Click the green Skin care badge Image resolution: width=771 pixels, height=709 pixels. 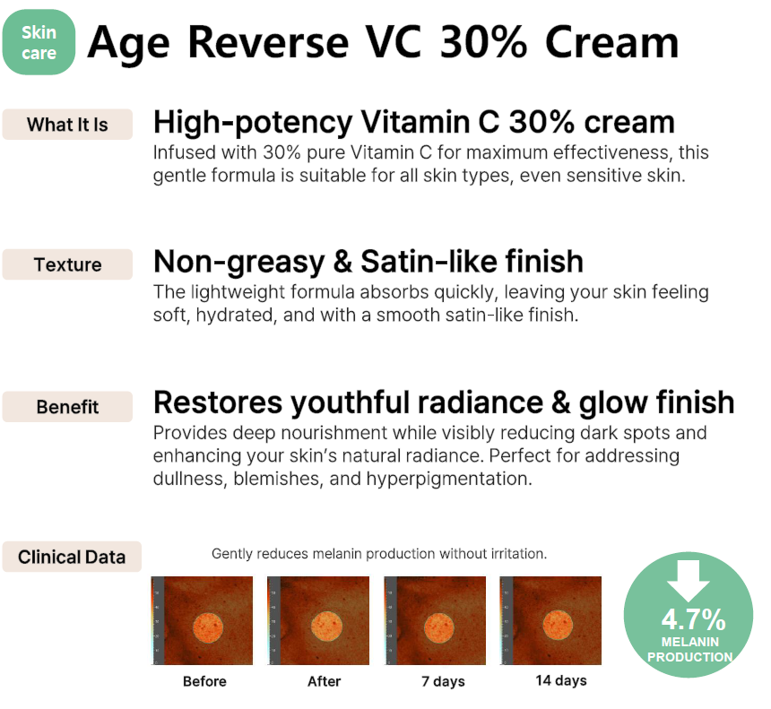pos(39,42)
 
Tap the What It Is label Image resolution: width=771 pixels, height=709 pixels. pos(67,125)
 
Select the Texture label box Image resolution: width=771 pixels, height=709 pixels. pos(67,264)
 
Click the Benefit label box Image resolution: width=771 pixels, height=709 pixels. pos(67,407)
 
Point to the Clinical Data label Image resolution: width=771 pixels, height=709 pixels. pos(72,557)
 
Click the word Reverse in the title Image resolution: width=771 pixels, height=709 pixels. pos(268,42)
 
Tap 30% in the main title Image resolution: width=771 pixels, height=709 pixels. pos(483,42)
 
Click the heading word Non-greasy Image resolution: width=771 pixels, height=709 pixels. pos(239,262)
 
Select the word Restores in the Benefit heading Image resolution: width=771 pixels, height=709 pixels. pos(218,402)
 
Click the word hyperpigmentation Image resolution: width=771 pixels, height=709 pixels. pos(449,479)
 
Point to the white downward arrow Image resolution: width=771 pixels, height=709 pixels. pos(688,581)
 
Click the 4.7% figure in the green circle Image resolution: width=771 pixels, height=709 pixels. pos(693,619)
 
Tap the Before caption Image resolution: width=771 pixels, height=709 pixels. pos(204,681)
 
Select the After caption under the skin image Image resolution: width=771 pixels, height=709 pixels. pos(324,681)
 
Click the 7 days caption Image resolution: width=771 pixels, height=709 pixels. pos(443,682)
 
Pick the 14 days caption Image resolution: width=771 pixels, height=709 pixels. pos(561,681)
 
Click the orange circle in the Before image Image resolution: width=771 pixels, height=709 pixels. pos(208,627)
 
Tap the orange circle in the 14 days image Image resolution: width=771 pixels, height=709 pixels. pos(558,625)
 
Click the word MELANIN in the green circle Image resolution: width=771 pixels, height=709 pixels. pos(690,642)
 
